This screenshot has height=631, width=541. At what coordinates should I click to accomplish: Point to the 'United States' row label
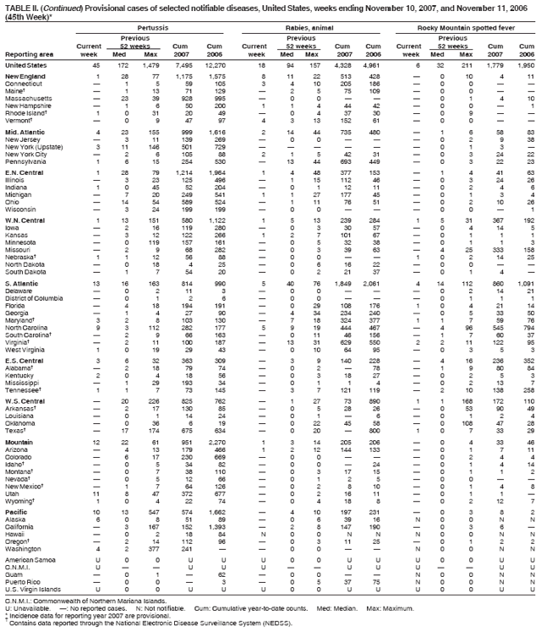[26, 65]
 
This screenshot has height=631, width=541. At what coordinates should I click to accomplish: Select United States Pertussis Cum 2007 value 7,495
[184, 65]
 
